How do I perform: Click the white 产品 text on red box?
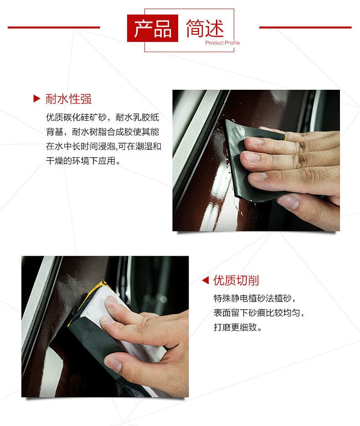click(x=153, y=28)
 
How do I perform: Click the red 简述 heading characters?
click(x=205, y=28)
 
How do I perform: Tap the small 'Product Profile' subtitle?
click(x=222, y=43)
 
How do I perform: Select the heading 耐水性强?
click(x=68, y=99)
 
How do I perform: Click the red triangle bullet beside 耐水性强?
click(x=36, y=98)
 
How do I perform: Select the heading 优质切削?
click(x=236, y=280)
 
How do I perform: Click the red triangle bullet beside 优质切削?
click(x=206, y=280)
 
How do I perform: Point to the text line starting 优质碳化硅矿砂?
click(x=103, y=118)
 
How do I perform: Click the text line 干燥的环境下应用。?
click(x=83, y=161)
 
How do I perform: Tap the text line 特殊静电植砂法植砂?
click(x=255, y=298)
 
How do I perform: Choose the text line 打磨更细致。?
click(x=238, y=327)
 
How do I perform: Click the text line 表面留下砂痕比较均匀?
click(x=259, y=313)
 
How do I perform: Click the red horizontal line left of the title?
click(x=54, y=27)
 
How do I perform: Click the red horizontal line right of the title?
click(x=305, y=27)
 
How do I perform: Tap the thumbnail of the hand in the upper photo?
click(x=288, y=201)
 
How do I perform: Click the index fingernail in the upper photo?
click(x=252, y=142)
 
